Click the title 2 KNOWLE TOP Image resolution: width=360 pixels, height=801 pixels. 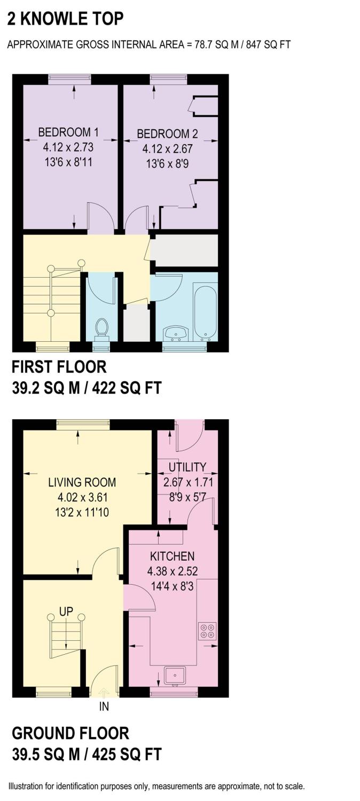click(x=65, y=19)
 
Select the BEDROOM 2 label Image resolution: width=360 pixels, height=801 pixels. click(x=163, y=133)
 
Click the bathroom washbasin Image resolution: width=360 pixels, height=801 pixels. click(x=176, y=333)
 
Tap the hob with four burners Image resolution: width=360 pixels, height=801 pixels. click(x=207, y=630)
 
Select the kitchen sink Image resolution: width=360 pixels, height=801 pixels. click(x=175, y=676)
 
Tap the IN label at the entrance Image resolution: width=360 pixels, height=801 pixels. click(x=104, y=706)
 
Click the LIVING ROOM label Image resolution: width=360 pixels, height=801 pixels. click(x=82, y=482)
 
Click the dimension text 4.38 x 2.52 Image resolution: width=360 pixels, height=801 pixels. click(x=173, y=571)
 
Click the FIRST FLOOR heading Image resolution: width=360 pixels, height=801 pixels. click(x=59, y=367)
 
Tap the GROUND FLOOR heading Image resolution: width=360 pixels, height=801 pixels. click(x=71, y=733)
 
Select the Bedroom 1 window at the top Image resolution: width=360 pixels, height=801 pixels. click(x=69, y=79)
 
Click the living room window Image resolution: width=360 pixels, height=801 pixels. click(x=83, y=424)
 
